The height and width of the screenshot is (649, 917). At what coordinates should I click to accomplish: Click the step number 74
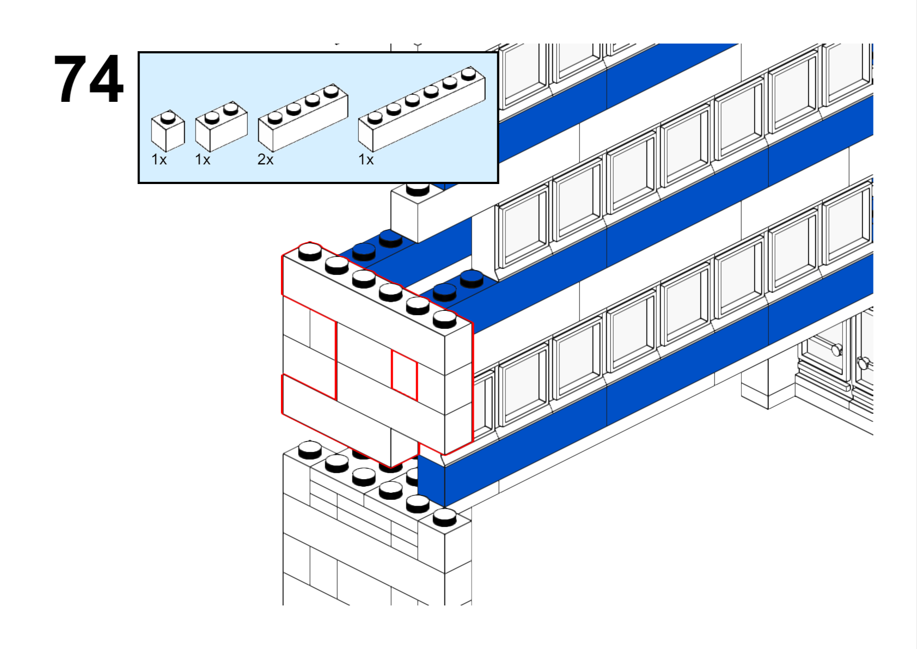[x=89, y=79]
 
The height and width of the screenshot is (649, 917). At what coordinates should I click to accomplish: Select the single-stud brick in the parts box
[x=167, y=131]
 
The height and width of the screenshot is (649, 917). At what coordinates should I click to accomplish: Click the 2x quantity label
[x=265, y=160]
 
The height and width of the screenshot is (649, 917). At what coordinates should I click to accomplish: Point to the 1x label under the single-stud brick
[x=159, y=160]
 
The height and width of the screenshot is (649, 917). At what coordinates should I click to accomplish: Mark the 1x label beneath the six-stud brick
[x=366, y=160]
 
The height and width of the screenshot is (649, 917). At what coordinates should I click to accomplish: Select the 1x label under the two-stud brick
[x=203, y=160]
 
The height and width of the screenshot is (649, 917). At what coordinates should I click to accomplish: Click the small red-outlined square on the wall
[x=405, y=375]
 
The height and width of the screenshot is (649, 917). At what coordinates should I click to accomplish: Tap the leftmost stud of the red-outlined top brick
[x=310, y=250]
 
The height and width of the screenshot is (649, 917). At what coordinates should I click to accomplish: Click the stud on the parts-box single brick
[x=168, y=116]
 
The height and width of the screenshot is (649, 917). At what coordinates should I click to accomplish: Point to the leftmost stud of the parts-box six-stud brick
[x=375, y=117]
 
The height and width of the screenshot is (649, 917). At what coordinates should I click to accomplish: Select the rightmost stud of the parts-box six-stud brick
[x=468, y=72]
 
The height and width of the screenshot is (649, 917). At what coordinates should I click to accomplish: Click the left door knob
[x=836, y=349]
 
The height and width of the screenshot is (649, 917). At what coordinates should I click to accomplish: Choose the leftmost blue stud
[x=364, y=250]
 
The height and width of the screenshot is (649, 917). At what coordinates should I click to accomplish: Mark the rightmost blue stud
[x=472, y=278]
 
